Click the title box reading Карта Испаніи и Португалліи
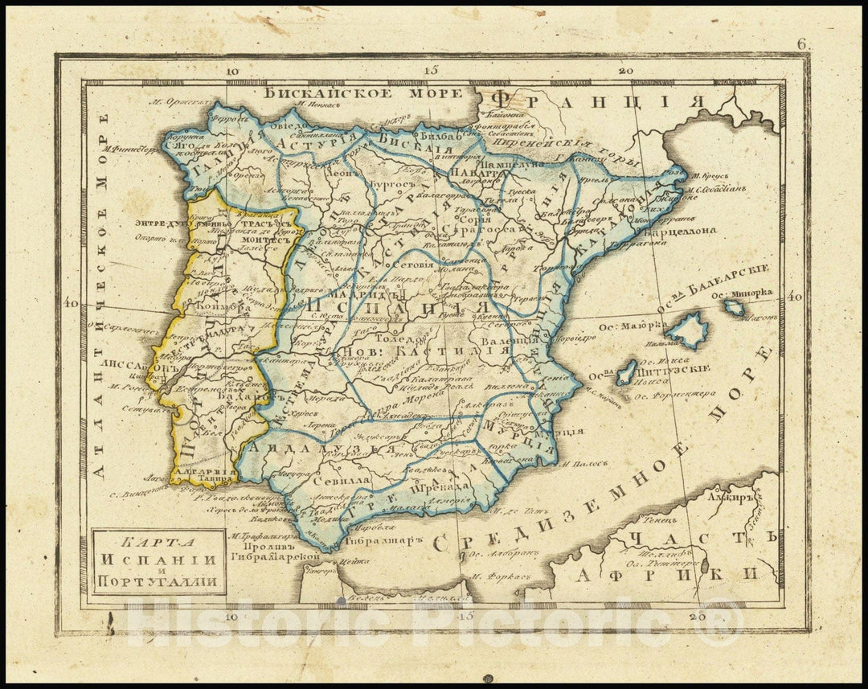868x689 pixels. (x=157, y=560)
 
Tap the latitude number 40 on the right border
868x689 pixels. (x=795, y=297)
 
